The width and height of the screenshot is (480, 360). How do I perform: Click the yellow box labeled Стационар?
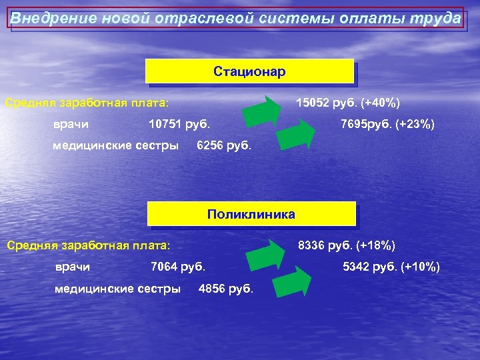coord(249,71)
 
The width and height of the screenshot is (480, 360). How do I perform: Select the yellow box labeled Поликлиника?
coord(251,215)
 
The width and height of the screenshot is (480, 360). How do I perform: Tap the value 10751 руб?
coord(179,123)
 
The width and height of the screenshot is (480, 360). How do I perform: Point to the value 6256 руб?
coord(224,145)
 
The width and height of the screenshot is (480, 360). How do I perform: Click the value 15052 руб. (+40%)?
coord(348,103)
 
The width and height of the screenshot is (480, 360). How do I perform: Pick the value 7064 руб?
coord(178,267)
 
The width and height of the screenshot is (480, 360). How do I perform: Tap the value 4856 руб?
coord(226,289)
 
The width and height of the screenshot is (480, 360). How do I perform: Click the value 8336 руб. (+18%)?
coord(347,245)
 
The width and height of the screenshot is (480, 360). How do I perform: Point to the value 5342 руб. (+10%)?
coord(391,267)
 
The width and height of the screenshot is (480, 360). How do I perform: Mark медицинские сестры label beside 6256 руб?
coord(115,145)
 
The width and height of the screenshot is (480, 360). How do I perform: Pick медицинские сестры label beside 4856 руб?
coord(117,289)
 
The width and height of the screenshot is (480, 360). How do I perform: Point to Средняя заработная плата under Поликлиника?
coord(88,245)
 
